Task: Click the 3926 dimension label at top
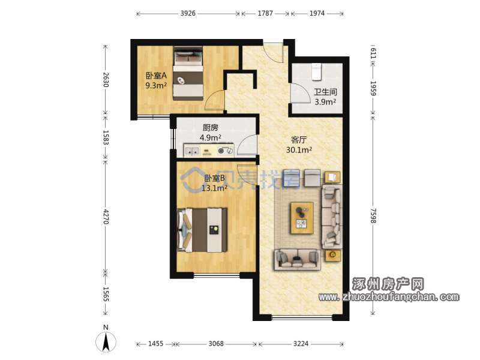(x=188, y=13)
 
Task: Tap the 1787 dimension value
(x=265, y=13)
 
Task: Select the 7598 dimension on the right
(x=373, y=215)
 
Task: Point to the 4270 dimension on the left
(x=106, y=217)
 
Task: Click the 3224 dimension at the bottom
(x=301, y=344)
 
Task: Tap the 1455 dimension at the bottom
(x=155, y=344)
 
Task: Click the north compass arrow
(x=106, y=341)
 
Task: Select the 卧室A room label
(x=156, y=76)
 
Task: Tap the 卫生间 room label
(x=325, y=92)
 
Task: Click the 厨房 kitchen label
(x=211, y=128)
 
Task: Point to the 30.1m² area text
(x=299, y=149)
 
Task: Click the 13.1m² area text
(x=214, y=188)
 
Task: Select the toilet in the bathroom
(x=316, y=71)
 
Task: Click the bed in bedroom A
(x=188, y=73)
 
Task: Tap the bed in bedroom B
(x=203, y=230)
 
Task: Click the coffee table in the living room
(x=302, y=218)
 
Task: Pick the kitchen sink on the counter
(x=192, y=151)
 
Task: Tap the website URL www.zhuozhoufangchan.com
(x=389, y=296)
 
